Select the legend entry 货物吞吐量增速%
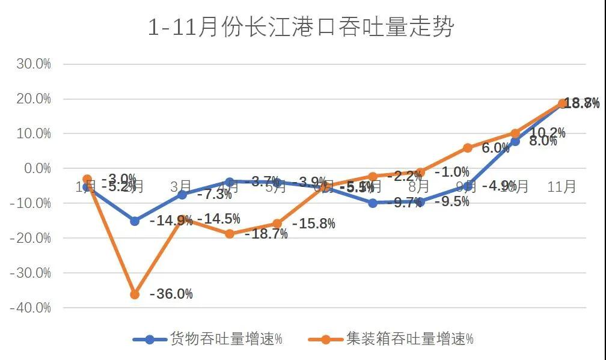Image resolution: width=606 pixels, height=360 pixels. click(208, 339)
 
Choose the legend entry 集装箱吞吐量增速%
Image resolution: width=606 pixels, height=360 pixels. click(391, 339)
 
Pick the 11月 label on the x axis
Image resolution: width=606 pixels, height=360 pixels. click(562, 187)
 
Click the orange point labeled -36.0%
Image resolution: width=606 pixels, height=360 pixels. click(135, 294)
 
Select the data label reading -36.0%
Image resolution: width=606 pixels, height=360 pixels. click(171, 294)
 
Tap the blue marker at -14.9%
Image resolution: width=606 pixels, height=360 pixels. click(135, 221)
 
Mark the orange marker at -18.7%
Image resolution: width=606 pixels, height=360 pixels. click(230, 234)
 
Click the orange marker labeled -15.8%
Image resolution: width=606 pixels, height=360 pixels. click(277, 224)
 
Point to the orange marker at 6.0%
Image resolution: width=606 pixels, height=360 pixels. click(468, 148)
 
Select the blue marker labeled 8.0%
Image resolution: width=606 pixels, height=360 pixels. click(515, 141)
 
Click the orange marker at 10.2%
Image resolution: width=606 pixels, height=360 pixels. click(515, 133)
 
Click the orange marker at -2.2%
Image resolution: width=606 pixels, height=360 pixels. click(373, 176)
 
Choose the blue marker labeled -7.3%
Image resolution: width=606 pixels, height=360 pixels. click(182, 194)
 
